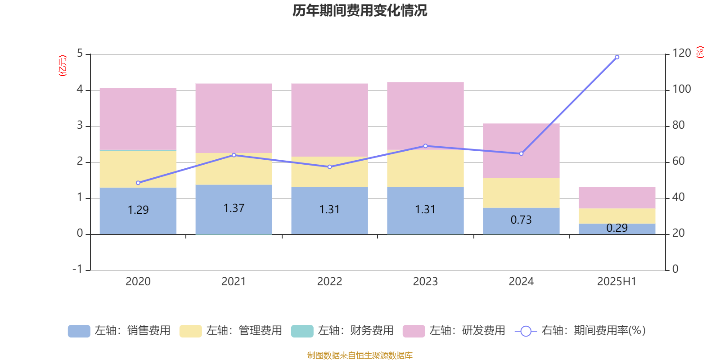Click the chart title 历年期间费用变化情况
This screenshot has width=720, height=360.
click(360, 10)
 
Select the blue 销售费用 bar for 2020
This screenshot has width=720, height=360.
click(138, 220)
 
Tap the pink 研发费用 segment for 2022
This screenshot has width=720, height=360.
click(329, 120)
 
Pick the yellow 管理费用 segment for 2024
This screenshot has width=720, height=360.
click(521, 193)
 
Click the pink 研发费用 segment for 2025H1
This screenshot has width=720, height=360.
click(617, 198)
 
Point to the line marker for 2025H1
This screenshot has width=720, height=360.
click(617, 57)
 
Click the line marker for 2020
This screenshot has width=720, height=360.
click(138, 183)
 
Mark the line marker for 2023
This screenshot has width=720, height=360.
click(426, 146)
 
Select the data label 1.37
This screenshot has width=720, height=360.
click(234, 208)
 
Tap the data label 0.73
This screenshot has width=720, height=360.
click(521, 220)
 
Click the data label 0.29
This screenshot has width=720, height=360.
click(617, 228)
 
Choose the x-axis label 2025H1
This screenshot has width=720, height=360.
click(616, 282)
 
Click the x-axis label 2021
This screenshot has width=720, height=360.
click(234, 282)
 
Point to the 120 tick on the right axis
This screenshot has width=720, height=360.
click(681, 54)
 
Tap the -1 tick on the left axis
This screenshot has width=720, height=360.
click(77, 269)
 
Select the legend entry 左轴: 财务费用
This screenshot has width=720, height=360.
click(342, 331)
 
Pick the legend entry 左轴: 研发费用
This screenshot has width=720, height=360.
click(454, 331)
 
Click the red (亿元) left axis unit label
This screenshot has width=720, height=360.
click(63, 66)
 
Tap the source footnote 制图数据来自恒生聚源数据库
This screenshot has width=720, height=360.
click(360, 355)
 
